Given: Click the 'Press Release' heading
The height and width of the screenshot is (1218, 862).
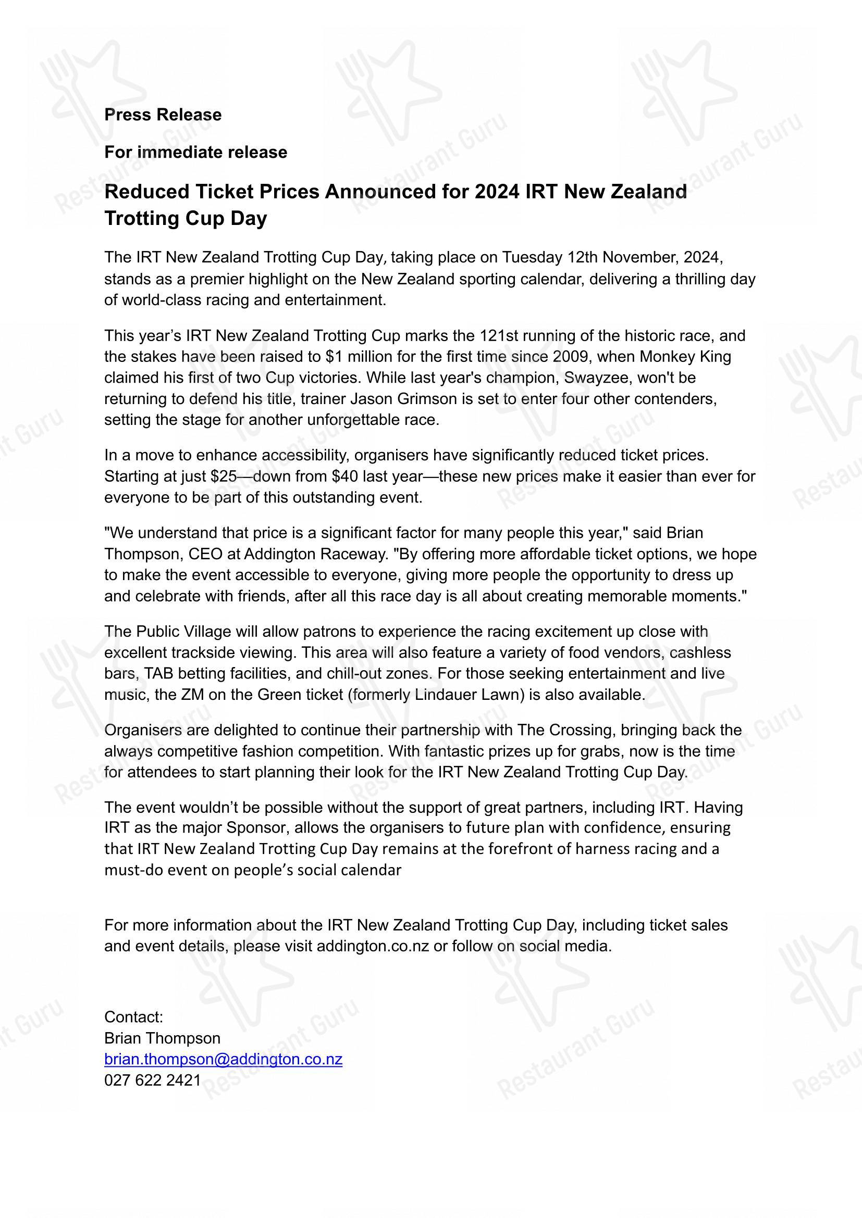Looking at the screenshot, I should [x=163, y=115].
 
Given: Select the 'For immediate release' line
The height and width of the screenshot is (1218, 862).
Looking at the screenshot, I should [x=195, y=152].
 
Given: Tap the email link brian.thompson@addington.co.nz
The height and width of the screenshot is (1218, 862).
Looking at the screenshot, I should [x=223, y=1059].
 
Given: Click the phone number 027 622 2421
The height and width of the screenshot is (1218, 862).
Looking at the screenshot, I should [x=152, y=1081].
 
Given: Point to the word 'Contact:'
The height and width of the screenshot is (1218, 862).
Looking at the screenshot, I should [x=133, y=1017].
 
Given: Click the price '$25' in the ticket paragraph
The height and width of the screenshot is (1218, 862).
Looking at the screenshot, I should [x=223, y=476].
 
